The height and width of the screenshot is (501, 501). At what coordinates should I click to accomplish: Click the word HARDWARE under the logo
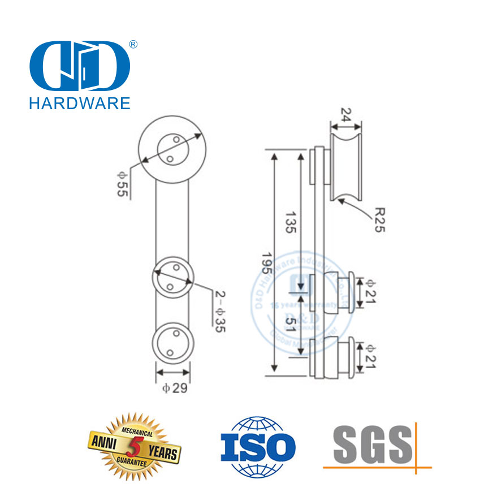(x=79, y=102)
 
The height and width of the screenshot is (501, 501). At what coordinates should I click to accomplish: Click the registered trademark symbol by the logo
(x=133, y=44)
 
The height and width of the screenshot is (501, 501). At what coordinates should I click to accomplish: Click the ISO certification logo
(x=257, y=446)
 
